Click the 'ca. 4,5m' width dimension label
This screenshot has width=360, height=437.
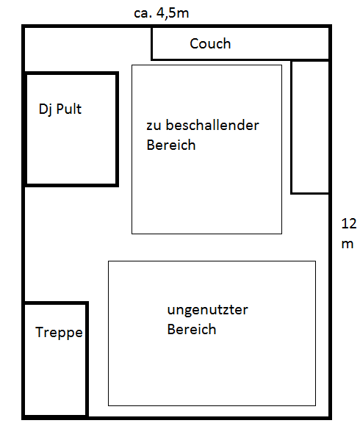162,12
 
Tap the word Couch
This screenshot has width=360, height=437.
210,43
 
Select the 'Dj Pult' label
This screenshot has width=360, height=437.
60,109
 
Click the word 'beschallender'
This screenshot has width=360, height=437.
212,125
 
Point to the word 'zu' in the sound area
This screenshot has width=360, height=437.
154,126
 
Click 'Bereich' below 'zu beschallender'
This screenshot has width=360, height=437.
171,145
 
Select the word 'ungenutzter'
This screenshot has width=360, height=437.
207,310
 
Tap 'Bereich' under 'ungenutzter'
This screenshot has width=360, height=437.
192,329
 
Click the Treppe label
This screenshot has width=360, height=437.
59,333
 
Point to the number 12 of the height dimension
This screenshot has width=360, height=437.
348,223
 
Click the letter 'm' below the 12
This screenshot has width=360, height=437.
348,244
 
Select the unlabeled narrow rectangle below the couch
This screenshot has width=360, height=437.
310,127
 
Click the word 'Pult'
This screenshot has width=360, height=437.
69,109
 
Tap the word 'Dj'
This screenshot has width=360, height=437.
44,109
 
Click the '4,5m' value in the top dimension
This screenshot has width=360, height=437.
173,12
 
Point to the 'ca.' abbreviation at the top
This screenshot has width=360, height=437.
143,14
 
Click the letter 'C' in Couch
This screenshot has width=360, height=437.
194,43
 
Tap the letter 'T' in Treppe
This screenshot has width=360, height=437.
40,332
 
